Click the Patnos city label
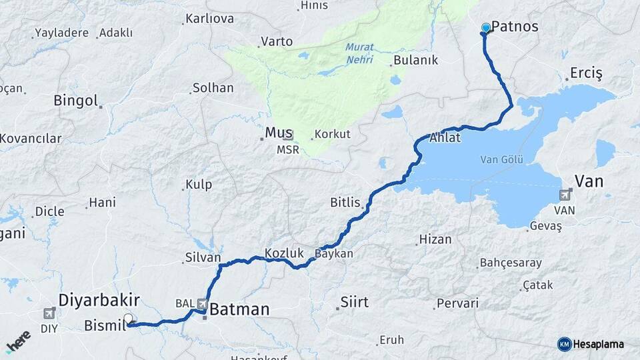[x=516, y=27]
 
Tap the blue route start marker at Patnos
[x=486, y=28]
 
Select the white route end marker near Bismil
[x=128, y=319]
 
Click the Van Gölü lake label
[x=502, y=160]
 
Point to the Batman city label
[x=239, y=309]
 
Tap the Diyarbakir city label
[x=99, y=300]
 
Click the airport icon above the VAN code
[x=566, y=195]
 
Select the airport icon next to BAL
[x=202, y=304]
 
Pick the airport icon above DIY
[x=49, y=313]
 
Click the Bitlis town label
[x=345, y=201]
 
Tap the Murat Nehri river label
[x=359, y=53]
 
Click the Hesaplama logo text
[x=598, y=344]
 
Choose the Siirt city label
[x=354, y=302]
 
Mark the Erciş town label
[x=587, y=73]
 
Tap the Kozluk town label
[x=284, y=253]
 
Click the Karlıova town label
[x=210, y=19]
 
